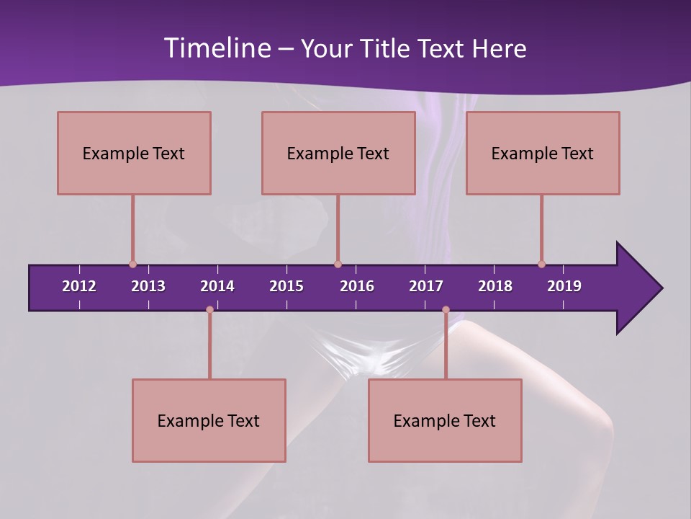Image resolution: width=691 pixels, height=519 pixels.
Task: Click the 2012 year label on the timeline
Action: pyautogui.click(x=79, y=286)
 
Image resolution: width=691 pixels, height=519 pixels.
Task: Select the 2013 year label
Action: pyautogui.click(x=148, y=286)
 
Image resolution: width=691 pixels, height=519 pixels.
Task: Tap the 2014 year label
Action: pyautogui.click(x=217, y=286)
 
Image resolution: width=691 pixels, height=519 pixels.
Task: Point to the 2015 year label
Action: pyautogui.click(x=286, y=286)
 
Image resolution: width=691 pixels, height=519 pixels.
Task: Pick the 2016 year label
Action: pyautogui.click(x=357, y=286)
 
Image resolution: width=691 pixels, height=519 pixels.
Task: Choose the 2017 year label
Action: pyautogui.click(x=426, y=286)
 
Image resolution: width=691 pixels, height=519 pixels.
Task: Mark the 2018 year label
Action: pyautogui.click(x=495, y=286)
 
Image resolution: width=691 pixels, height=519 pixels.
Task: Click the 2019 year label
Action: pyautogui.click(x=564, y=286)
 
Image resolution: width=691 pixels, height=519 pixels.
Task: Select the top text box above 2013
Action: pyautogui.click(x=134, y=153)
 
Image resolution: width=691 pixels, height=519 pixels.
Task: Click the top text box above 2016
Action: pyautogui.click(x=338, y=153)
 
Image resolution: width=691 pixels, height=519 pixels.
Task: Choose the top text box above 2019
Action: pyautogui.click(x=543, y=153)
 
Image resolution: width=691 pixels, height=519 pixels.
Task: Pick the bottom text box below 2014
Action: pyautogui.click(x=209, y=420)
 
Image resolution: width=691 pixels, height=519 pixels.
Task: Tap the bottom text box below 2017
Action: pyautogui.click(x=445, y=420)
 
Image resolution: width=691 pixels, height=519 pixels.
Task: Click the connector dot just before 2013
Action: pyautogui.click(x=132, y=265)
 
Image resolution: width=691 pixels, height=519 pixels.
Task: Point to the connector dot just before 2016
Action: pyautogui.click(x=338, y=265)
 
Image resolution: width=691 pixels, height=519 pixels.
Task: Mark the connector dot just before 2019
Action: pyautogui.click(x=541, y=265)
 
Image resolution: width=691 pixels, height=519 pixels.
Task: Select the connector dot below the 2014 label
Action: pyautogui.click(x=209, y=310)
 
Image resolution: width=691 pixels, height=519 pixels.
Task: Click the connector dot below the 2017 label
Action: pyautogui.click(x=446, y=310)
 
